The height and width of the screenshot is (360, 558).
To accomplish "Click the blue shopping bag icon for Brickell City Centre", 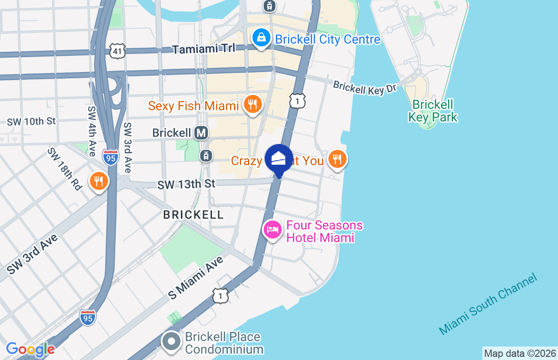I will click(x=261, y=38).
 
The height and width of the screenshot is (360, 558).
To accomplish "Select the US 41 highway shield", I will click(x=117, y=51).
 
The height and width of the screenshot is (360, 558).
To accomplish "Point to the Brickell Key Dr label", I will click(x=365, y=87).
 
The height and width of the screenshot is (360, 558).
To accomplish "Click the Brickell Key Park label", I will click(x=432, y=111).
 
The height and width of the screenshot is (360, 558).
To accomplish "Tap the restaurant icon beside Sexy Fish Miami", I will click(x=253, y=105).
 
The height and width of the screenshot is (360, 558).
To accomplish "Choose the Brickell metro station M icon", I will click(x=201, y=133).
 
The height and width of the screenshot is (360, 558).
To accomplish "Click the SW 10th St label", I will click(x=31, y=121).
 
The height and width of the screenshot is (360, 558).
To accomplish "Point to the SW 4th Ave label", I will click(x=92, y=131).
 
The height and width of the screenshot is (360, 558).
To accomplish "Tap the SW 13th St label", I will click(x=186, y=184).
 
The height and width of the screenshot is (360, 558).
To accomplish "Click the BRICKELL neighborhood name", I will click(x=193, y=215).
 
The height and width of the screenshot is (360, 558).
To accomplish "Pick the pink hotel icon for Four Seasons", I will click(x=272, y=229).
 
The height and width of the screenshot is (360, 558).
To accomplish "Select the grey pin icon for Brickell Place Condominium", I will click(x=171, y=342).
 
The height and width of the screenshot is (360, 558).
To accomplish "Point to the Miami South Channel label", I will click(x=488, y=304).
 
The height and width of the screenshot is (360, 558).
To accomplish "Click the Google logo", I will click(x=31, y=349).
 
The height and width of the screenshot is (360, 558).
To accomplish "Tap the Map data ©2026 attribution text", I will click(x=520, y=353).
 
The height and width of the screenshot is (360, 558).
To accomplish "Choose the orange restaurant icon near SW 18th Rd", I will click(x=99, y=181).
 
